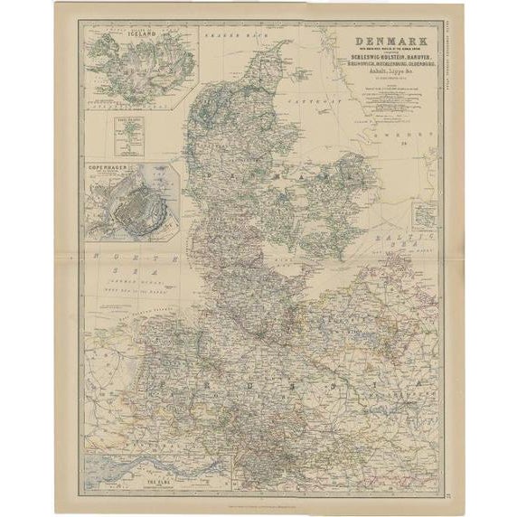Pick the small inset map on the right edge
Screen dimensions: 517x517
click(x=422, y=214)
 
